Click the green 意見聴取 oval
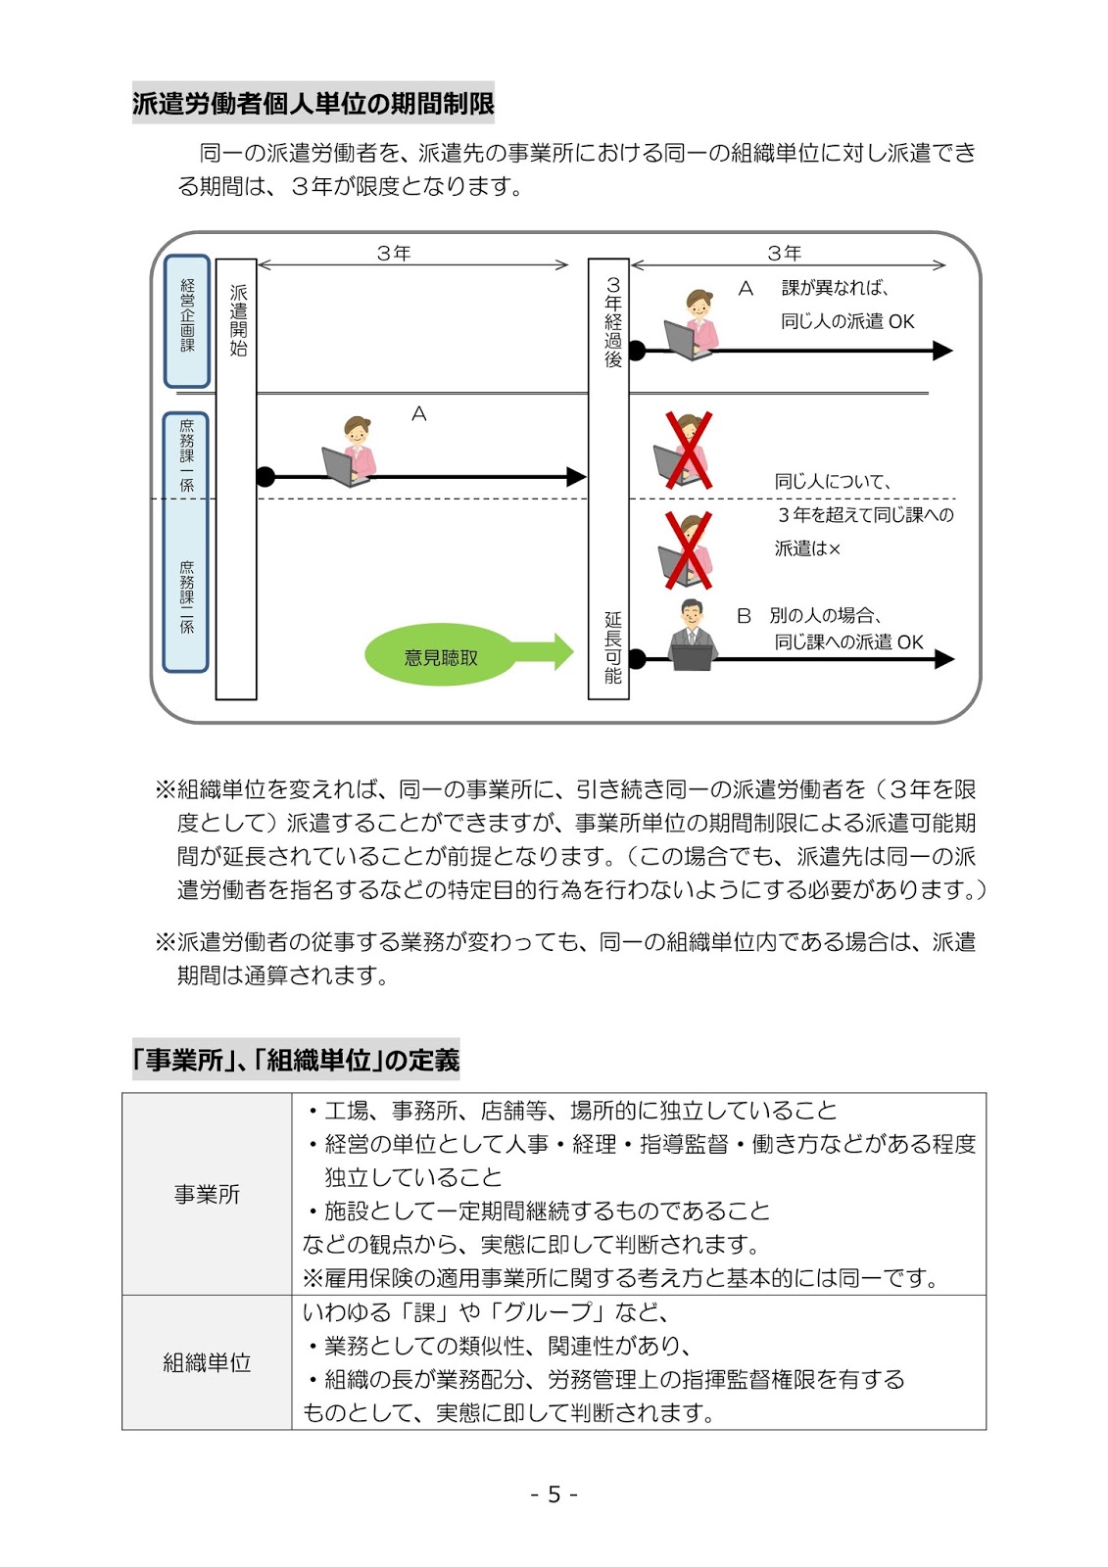(x=441, y=656)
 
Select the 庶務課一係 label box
(x=186, y=455)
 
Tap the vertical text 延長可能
(x=612, y=646)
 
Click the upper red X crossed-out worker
(x=688, y=451)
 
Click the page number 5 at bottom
(x=554, y=1495)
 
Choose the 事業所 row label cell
(x=207, y=1194)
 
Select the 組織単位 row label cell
(x=207, y=1362)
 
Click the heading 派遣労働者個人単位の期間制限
(x=313, y=103)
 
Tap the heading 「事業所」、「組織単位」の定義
(x=297, y=1060)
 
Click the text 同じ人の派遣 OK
(x=846, y=321)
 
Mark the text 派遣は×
(x=807, y=548)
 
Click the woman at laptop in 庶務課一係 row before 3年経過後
(x=350, y=452)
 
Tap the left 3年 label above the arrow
(x=394, y=253)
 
